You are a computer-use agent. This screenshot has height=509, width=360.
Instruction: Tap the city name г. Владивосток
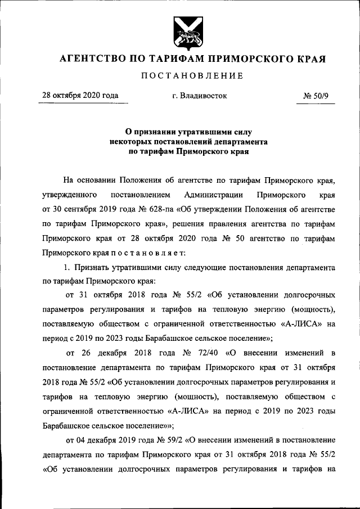pyautogui.click(x=200, y=96)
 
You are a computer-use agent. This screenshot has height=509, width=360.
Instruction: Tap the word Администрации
pyautogui.click(x=213, y=195)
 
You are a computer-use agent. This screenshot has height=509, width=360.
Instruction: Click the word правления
pyautogui.click(x=229, y=224)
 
